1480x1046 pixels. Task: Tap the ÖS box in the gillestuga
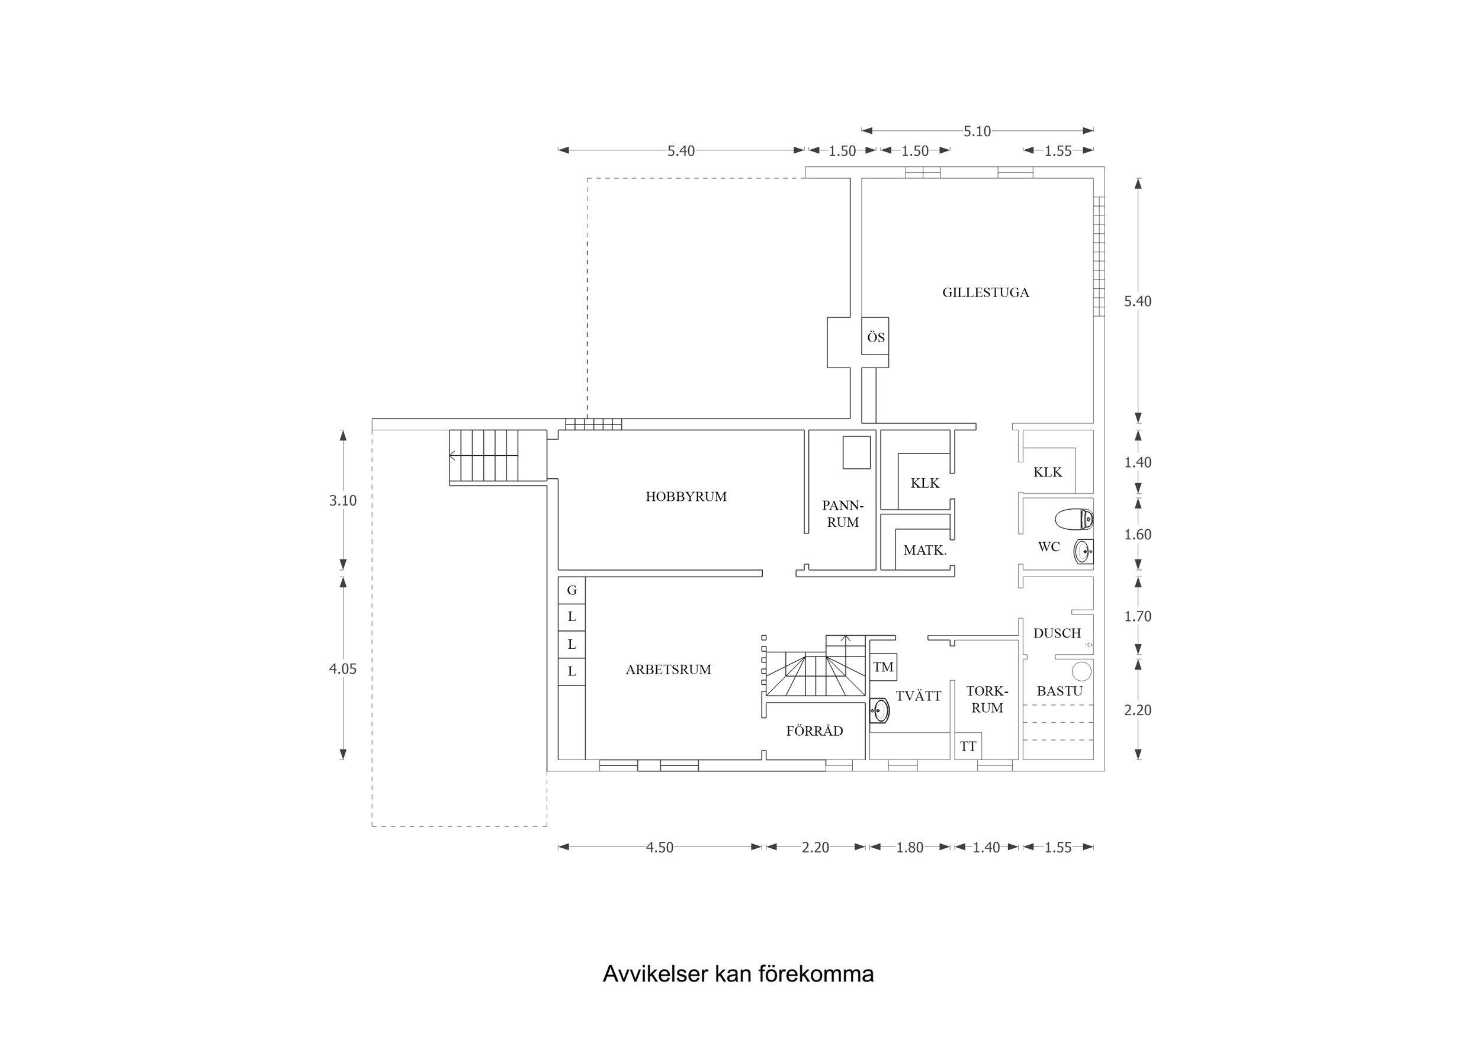[875, 336]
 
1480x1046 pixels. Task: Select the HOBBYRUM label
[686, 496]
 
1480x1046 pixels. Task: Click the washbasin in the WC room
[1083, 552]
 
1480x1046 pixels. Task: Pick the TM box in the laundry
[882, 667]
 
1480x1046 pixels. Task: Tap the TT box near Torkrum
[968, 746]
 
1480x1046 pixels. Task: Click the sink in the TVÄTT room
[879, 711]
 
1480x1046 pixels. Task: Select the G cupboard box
[571, 590]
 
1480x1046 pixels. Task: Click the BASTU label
[1059, 691]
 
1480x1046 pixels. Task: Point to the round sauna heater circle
[1081, 671]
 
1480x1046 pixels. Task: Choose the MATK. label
[924, 551]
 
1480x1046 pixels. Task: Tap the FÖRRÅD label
[814, 731]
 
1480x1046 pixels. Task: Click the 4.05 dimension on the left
[342, 669]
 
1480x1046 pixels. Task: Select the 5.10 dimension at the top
[977, 131]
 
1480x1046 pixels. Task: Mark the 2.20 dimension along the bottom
[815, 848]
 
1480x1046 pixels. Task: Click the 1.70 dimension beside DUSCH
[1137, 616]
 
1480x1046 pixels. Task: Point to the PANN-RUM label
[843, 514]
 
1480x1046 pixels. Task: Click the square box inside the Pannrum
[856, 452]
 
